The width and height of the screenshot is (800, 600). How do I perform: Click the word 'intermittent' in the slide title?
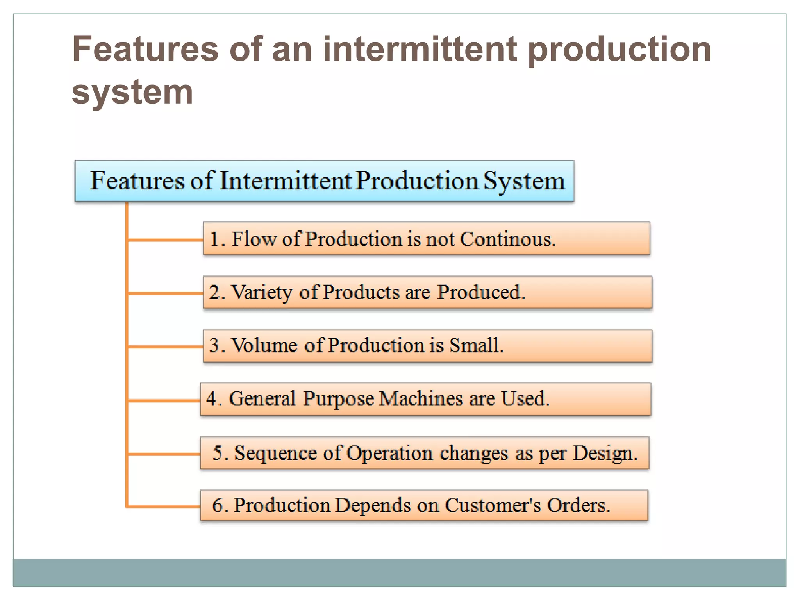pos(420,49)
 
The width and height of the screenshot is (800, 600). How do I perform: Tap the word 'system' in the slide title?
pos(132,92)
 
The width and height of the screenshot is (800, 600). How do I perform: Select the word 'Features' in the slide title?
pos(145,49)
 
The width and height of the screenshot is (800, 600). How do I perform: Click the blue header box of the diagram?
pos(324,181)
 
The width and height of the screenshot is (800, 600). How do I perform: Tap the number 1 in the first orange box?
pos(214,239)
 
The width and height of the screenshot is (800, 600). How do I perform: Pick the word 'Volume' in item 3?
pos(264,346)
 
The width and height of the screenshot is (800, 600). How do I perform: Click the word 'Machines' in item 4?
pos(421,399)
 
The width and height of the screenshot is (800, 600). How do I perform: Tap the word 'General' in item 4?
pos(262,399)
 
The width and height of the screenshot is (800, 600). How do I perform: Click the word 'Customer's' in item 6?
pos(493,505)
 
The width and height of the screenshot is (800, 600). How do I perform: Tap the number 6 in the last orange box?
pos(218,505)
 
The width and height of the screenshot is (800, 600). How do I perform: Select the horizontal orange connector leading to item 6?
pos(164,507)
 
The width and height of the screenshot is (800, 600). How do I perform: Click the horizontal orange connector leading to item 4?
pos(164,400)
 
